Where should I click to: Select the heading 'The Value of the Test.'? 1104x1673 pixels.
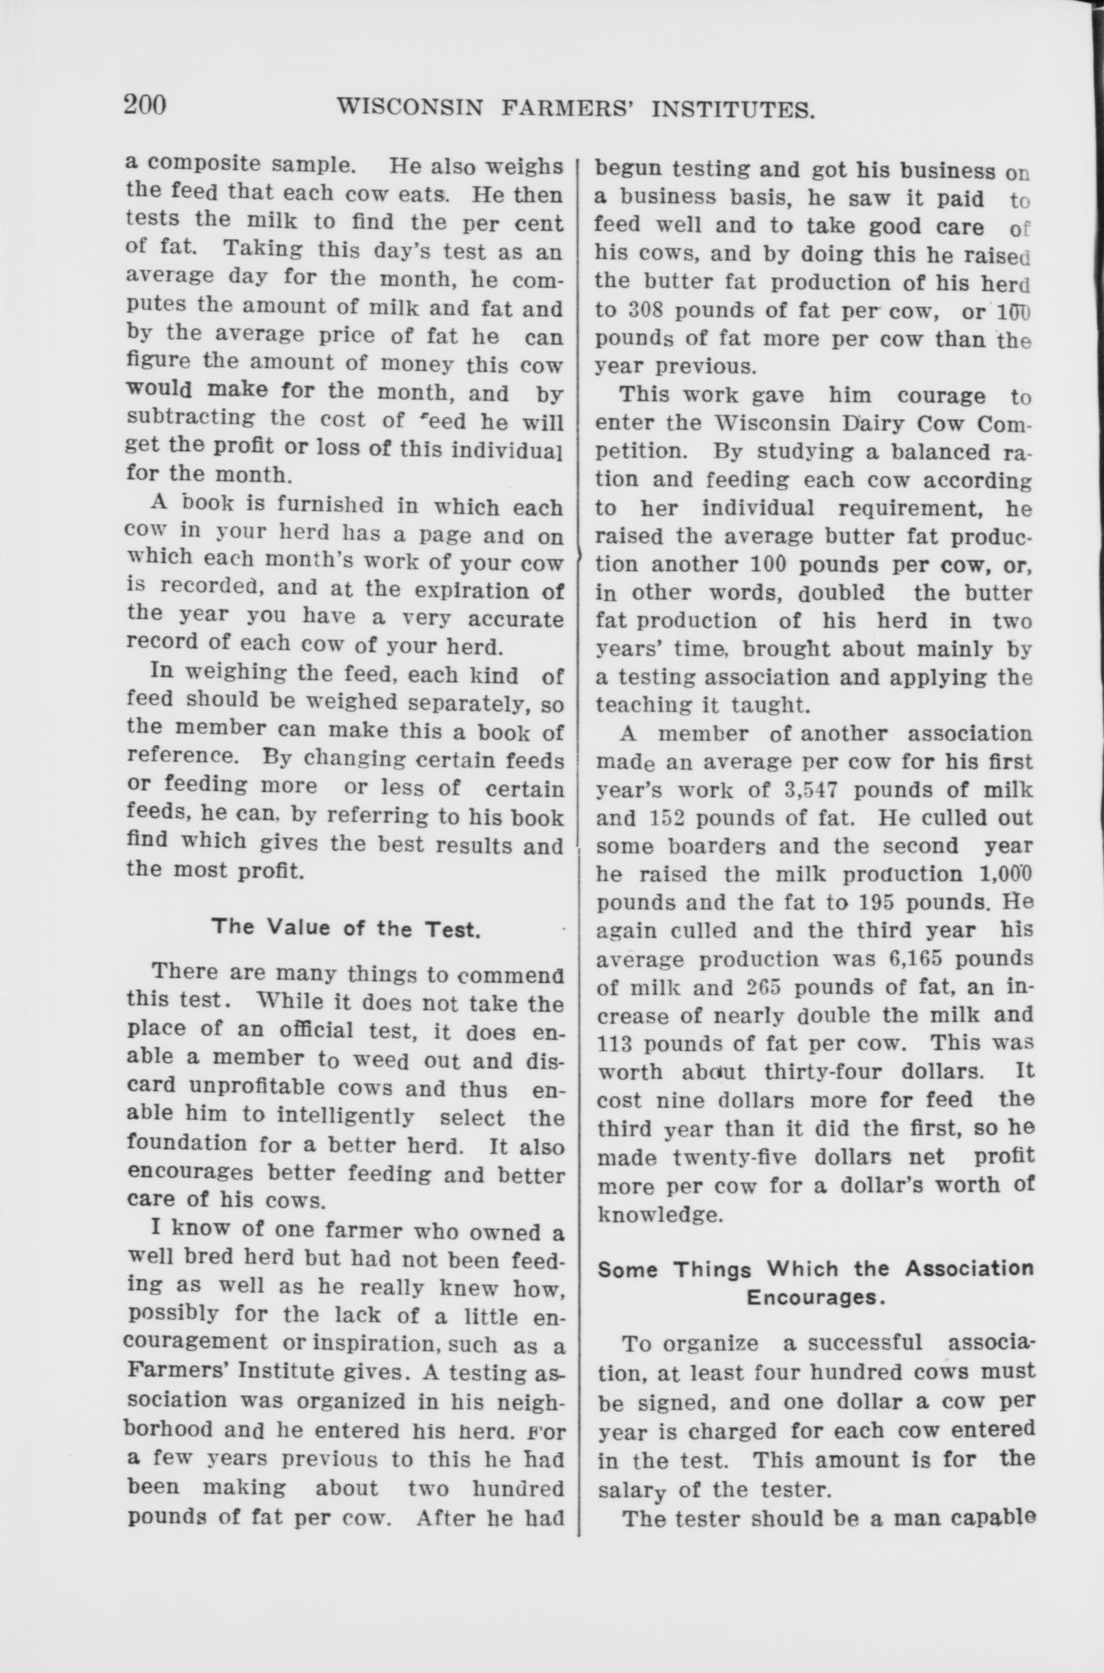pos(346,927)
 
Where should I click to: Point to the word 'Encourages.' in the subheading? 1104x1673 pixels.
pos(815,1297)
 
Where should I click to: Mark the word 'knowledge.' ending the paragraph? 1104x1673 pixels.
pos(661,1214)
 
